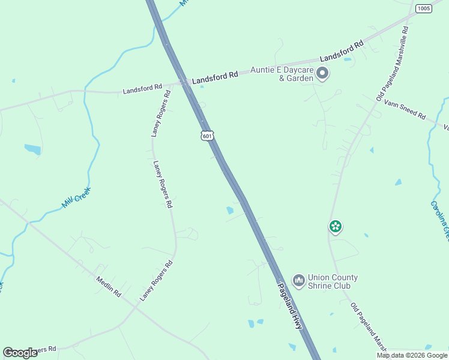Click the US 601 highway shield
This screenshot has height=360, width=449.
[x=207, y=136]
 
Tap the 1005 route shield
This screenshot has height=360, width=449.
[x=423, y=8]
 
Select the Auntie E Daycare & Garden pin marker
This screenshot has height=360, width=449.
[x=322, y=74]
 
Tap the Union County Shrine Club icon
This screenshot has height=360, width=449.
[x=298, y=280]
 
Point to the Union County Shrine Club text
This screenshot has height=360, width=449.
[x=333, y=281]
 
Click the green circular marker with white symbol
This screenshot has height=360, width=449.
[x=336, y=226]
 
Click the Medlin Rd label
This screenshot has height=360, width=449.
[x=109, y=287]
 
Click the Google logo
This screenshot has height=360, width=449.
[x=20, y=353]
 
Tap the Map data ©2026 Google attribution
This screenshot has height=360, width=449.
[x=412, y=355]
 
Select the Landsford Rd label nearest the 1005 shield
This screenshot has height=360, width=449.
[x=342, y=52]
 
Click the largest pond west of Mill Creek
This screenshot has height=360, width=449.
[x=32, y=149]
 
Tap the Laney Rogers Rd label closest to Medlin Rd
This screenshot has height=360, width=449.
[x=156, y=280]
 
